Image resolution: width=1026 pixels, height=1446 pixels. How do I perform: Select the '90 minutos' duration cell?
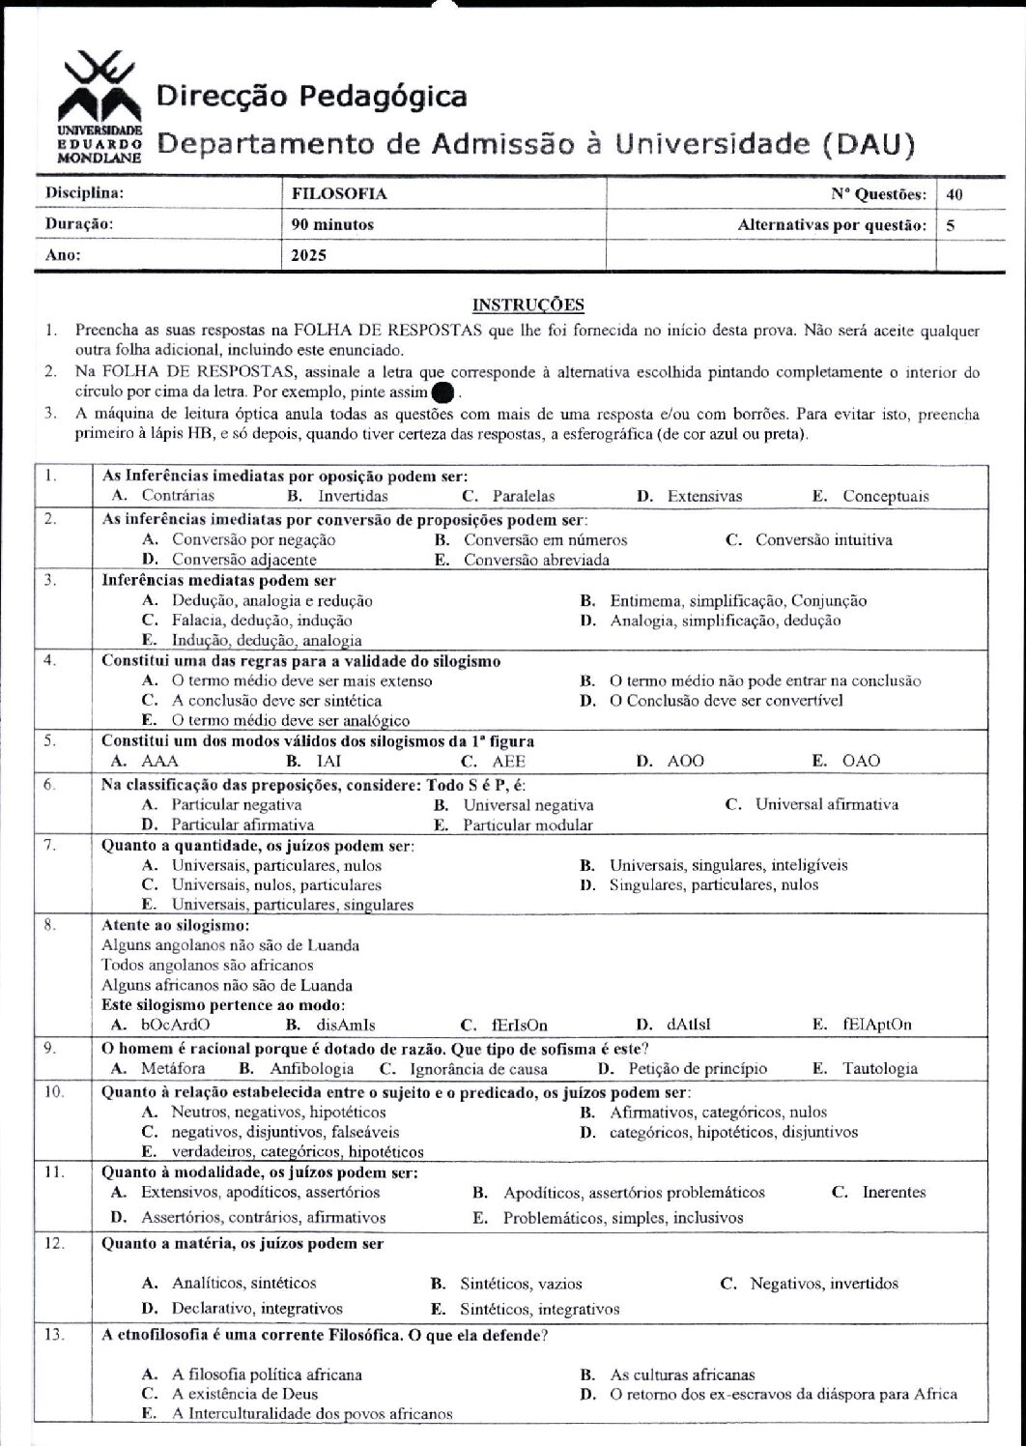(x=332, y=225)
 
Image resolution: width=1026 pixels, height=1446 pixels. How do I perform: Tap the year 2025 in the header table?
(x=309, y=256)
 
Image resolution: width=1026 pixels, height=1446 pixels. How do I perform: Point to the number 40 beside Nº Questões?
(x=955, y=193)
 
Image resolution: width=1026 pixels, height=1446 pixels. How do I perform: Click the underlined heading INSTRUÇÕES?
(x=527, y=305)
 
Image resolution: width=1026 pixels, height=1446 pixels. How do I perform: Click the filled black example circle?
(x=442, y=392)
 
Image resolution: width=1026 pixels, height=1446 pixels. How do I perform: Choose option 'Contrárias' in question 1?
(x=178, y=496)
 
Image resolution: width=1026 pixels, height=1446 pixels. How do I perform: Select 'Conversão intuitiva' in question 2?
(x=823, y=539)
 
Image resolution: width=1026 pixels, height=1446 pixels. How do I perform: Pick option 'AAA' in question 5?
(x=159, y=761)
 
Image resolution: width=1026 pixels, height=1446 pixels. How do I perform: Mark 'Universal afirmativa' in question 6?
(x=826, y=804)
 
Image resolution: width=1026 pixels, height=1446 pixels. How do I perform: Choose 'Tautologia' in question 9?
(x=879, y=1068)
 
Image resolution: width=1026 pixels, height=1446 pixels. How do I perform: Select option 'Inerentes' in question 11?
(x=893, y=1192)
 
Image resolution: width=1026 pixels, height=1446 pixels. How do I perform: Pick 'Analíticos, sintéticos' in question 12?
(x=243, y=1283)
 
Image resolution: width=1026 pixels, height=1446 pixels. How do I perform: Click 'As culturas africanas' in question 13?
(x=682, y=1374)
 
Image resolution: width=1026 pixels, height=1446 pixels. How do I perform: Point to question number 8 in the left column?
(x=51, y=924)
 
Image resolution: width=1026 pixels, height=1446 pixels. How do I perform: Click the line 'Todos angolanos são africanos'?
(x=208, y=965)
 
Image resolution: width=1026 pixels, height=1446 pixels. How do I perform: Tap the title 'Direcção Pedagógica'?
(x=311, y=97)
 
